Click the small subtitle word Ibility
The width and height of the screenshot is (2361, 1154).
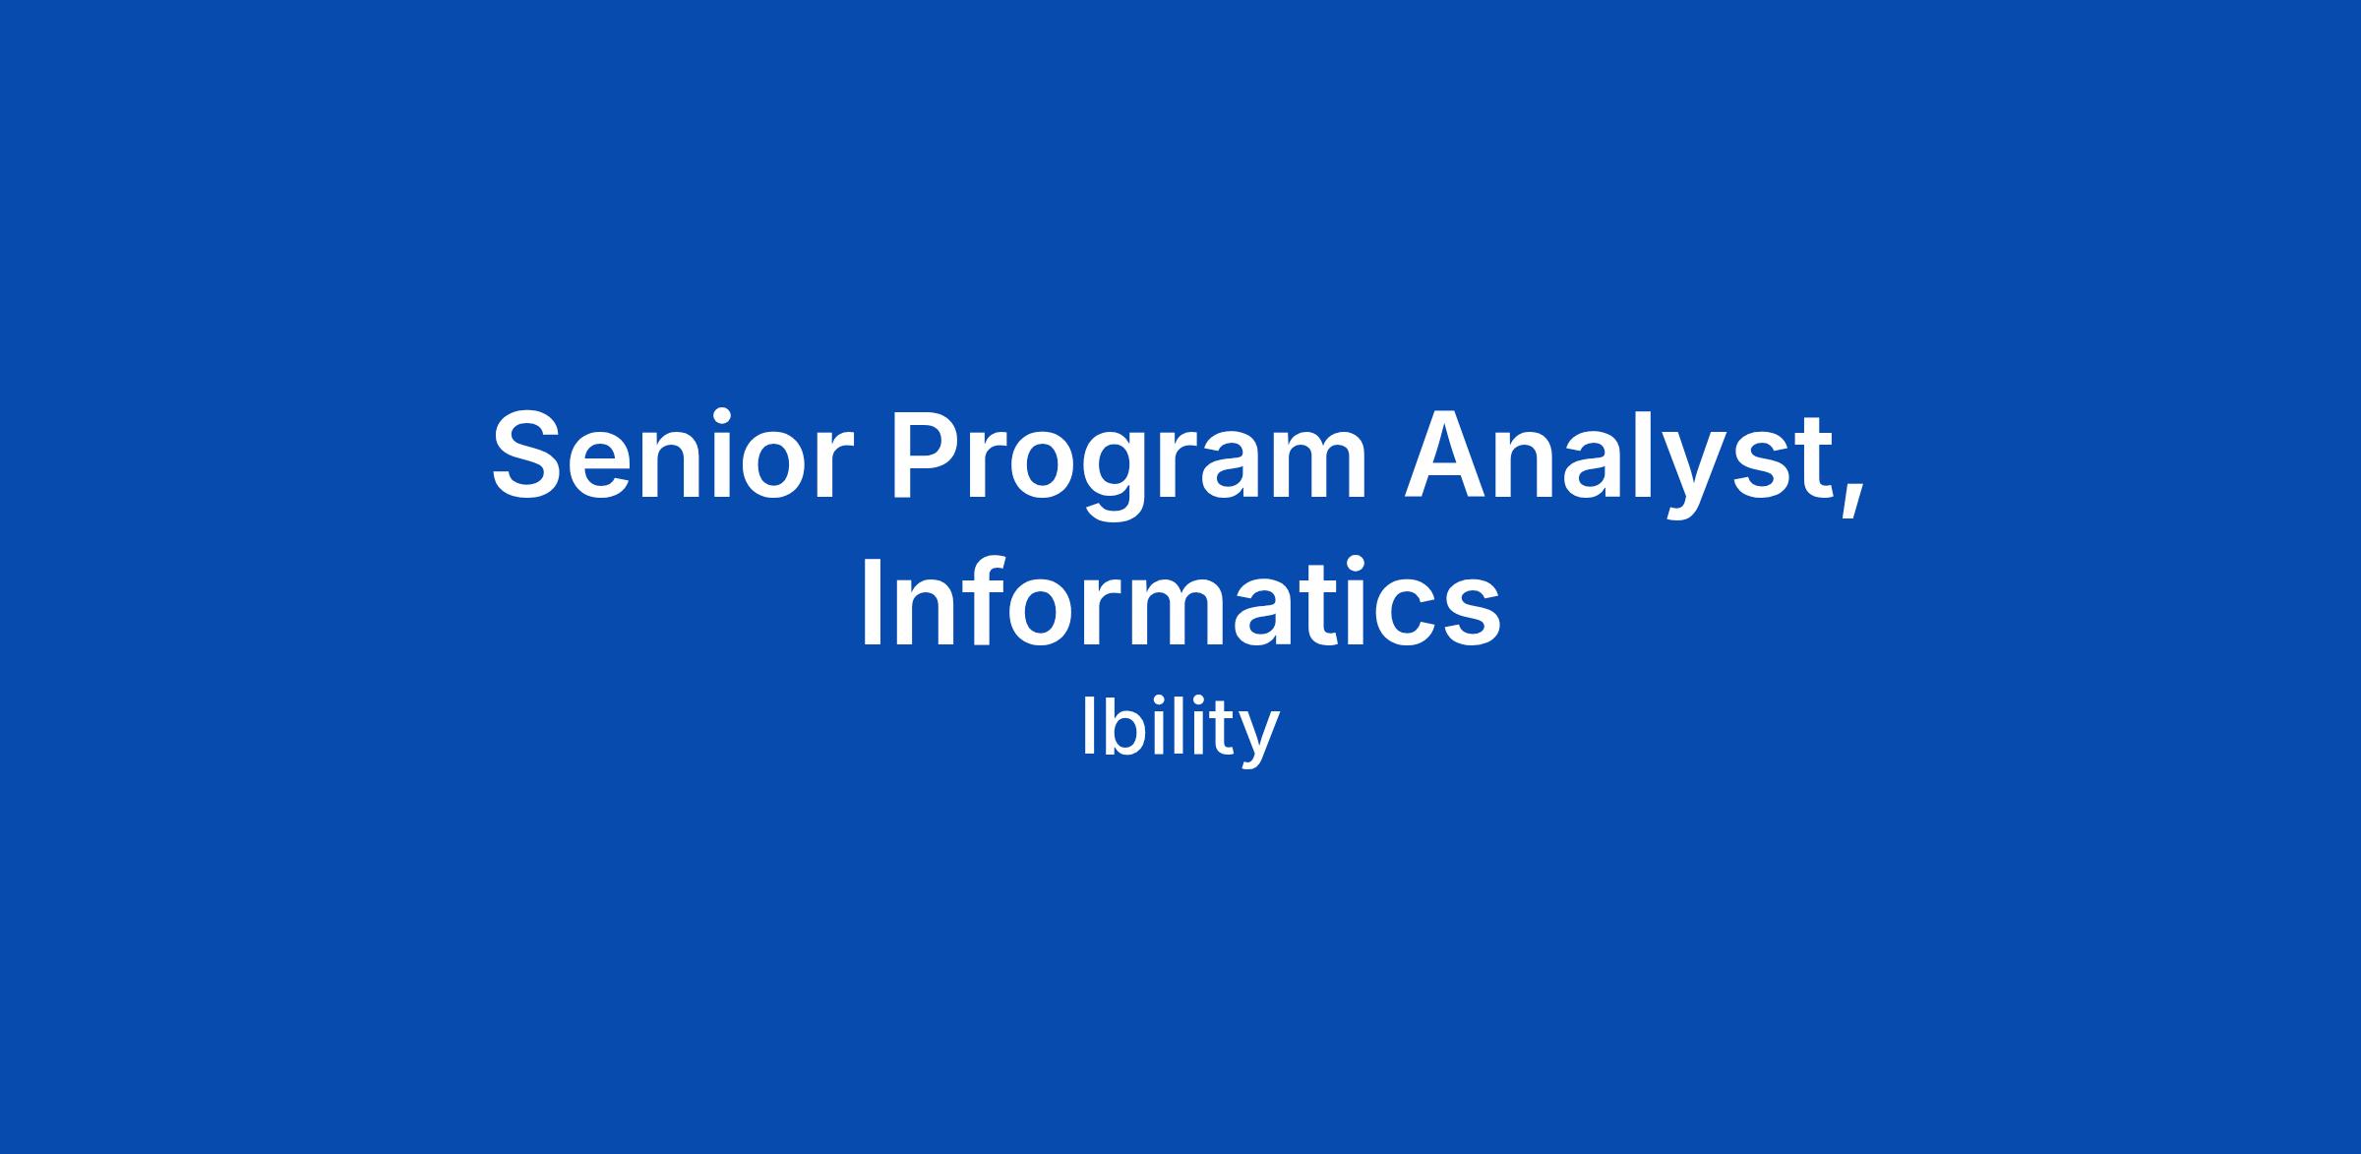click(x=1180, y=729)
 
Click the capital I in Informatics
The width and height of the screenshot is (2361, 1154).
click(x=870, y=602)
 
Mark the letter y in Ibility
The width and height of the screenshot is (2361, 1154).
click(x=1258, y=743)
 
